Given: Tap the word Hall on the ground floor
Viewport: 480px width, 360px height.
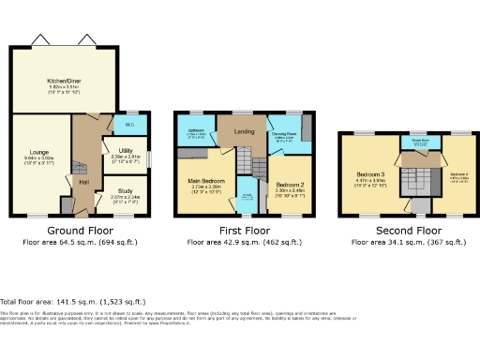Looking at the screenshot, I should coord(82,181).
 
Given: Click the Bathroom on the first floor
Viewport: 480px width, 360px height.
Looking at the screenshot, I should coord(195,130).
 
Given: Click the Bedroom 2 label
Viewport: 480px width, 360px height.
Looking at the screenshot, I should coord(291,185).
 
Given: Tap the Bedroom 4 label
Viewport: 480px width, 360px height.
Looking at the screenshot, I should coord(457,175).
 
